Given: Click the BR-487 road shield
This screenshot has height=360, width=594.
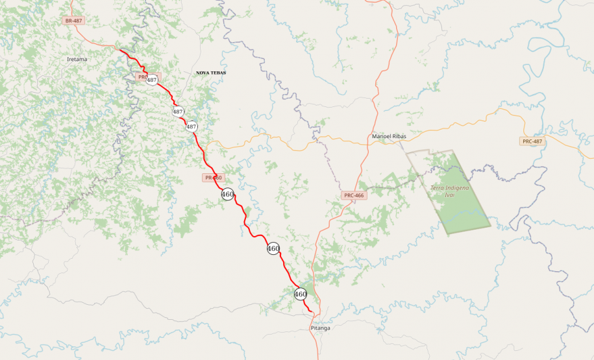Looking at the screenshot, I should click(73, 21).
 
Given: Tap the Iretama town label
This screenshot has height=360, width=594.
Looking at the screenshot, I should click(77, 59).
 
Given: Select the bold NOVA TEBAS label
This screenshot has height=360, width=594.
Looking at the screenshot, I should click(211, 73).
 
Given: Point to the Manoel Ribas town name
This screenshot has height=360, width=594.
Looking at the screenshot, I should click(389, 136).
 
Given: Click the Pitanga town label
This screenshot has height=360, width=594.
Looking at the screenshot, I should click(320, 328).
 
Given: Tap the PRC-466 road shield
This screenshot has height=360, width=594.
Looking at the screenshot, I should click(354, 195).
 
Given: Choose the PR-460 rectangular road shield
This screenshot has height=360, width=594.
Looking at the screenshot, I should click(213, 177).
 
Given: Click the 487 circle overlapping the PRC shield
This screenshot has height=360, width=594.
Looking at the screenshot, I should click(152, 80).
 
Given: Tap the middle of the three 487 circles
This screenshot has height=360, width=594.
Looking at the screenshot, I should click(178, 112).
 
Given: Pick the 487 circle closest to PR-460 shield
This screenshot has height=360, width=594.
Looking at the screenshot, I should click(192, 126).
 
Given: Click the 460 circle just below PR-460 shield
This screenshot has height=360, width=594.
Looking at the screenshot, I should click(227, 194).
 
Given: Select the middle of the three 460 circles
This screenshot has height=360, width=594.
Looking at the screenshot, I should click(273, 248).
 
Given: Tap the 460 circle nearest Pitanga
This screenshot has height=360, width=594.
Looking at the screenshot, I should click(300, 294).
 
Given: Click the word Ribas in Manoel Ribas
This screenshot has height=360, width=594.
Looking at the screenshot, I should click(399, 136).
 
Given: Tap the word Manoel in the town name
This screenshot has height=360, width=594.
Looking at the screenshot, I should click(381, 136).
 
